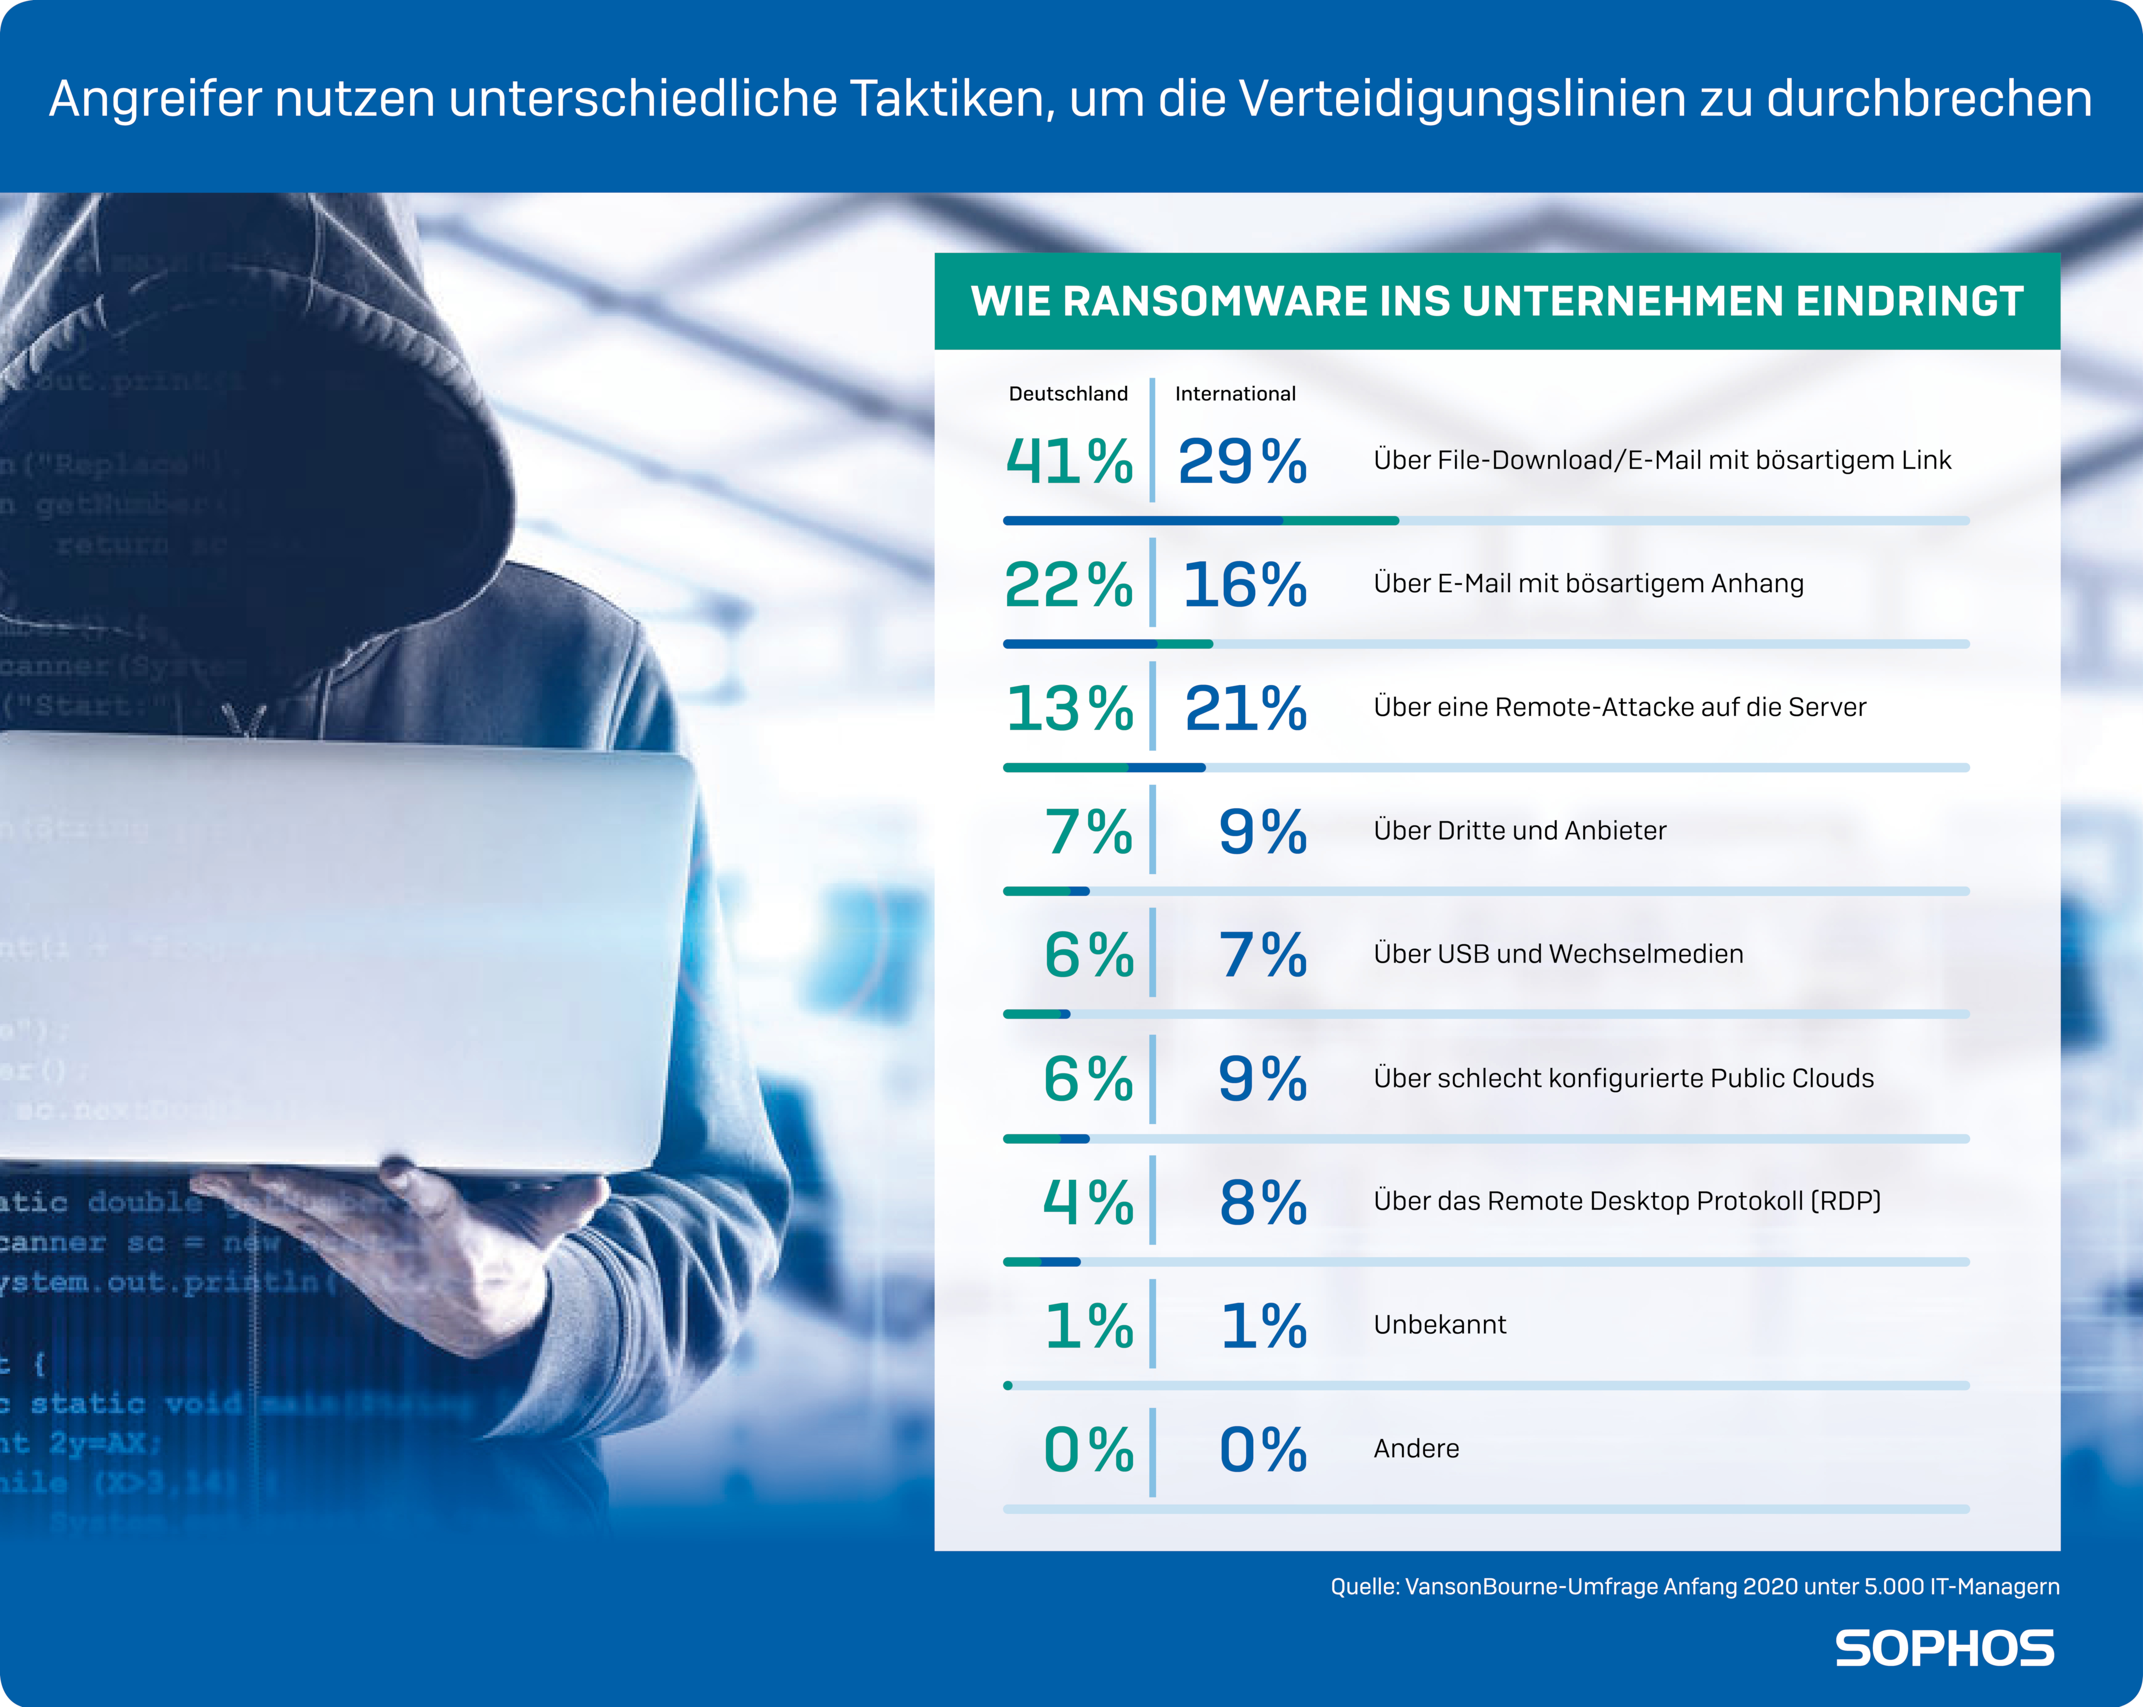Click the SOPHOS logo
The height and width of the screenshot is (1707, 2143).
coord(1944,1648)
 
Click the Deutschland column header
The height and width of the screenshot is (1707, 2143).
coord(1068,394)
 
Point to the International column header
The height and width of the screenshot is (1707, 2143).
coord(1236,394)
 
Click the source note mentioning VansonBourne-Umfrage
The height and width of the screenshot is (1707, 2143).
coord(1695,1587)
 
